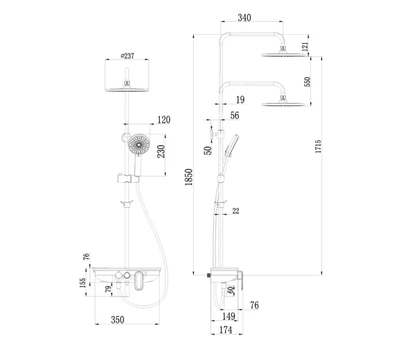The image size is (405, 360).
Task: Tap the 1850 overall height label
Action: tap(188, 176)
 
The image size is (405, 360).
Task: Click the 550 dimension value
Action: tap(308, 82)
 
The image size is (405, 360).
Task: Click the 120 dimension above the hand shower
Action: tap(163, 120)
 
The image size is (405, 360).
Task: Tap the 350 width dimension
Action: tap(118, 320)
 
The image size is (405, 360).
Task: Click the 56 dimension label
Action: tap(234, 115)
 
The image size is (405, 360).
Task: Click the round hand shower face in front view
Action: tap(138, 145)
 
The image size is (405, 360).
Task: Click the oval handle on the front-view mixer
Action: tap(140, 280)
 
